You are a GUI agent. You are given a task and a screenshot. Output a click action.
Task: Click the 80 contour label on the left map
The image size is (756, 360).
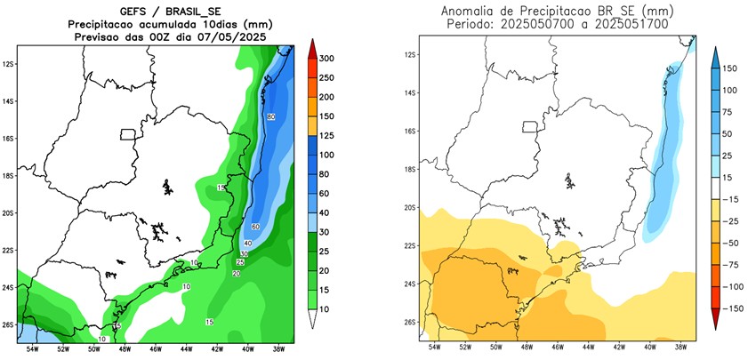[270, 117]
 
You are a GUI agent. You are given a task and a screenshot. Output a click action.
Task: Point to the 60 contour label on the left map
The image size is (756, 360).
[255, 228]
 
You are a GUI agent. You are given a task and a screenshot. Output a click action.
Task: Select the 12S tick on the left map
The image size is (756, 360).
[9, 64]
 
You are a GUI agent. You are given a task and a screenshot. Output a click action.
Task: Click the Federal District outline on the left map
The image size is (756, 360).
[129, 135]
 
